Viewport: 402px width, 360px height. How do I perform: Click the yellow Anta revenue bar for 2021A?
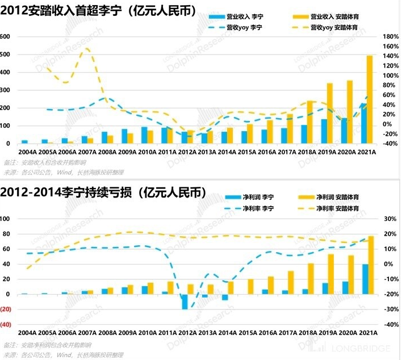pos(370,99)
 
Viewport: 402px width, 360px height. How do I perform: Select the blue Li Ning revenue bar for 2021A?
pos(363,124)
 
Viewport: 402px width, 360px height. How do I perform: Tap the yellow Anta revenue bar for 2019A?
pos(330,114)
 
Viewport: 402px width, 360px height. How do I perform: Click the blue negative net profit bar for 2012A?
pos(185,302)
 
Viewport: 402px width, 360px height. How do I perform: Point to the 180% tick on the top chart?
pos(390,36)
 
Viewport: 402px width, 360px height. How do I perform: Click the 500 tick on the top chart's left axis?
pos(6,55)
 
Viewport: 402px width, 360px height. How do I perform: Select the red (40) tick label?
pos(6,325)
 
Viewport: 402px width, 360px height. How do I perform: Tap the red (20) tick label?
pos(6,309)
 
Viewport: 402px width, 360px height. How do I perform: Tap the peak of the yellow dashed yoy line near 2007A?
pos(86,49)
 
